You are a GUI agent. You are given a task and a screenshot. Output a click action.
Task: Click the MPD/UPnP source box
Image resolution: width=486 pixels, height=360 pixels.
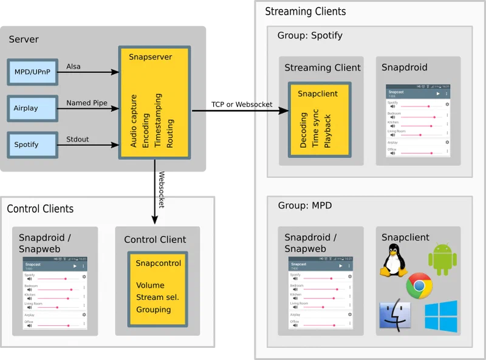coord(32,72)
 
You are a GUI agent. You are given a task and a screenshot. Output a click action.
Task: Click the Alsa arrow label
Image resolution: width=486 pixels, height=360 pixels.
coord(74,66)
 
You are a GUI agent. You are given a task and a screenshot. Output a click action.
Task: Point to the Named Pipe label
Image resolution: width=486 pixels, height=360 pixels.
coord(87,103)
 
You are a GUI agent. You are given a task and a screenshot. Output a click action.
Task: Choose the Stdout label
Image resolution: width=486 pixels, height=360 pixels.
coord(78,139)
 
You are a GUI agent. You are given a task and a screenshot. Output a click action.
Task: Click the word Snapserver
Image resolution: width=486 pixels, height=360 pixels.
coord(150,57)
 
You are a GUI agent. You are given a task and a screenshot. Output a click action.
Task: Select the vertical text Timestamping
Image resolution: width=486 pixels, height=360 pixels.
coord(158,120)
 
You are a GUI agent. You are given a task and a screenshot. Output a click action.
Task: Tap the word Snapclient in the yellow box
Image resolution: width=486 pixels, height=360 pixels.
coord(318,94)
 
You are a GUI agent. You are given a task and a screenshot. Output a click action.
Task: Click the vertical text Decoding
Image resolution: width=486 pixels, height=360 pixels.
coord(304,130)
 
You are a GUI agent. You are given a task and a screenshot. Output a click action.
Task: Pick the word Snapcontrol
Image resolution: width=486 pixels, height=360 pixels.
coord(158,263)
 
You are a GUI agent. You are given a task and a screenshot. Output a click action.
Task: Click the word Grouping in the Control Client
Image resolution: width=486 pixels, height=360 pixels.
coord(153,310)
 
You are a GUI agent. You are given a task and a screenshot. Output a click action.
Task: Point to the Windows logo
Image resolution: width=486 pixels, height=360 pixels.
coord(440,316)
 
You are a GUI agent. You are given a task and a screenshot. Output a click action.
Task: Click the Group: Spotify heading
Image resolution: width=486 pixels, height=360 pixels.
coord(310,35)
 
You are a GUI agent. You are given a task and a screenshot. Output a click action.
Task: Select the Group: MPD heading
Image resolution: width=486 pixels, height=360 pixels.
coord(304,206)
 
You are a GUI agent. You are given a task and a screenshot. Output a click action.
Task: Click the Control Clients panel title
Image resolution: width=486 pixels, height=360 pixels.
coord(40,209)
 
